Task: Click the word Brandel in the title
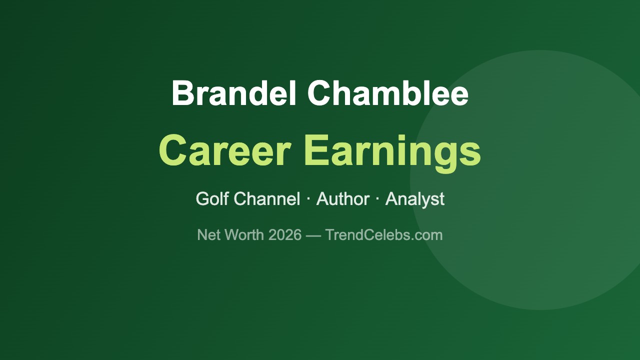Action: tap(234, 93)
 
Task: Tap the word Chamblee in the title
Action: tap(388, 93)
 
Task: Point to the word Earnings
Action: tap(392, 151)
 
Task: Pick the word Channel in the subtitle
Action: tap(267, 199)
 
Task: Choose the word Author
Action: tap(343, 199)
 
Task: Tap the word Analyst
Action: tap(414, 199)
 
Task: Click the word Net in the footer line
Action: tap(209, 234)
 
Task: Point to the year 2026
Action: tap(285, 234)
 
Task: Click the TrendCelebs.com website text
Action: tap(384, 234)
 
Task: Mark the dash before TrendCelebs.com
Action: tap(313, 235)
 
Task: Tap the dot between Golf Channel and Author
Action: tap(308, 199)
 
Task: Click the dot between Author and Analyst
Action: tap(377, 199)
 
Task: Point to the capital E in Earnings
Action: tap(315, 150)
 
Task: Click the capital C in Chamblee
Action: tap(321, 93)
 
